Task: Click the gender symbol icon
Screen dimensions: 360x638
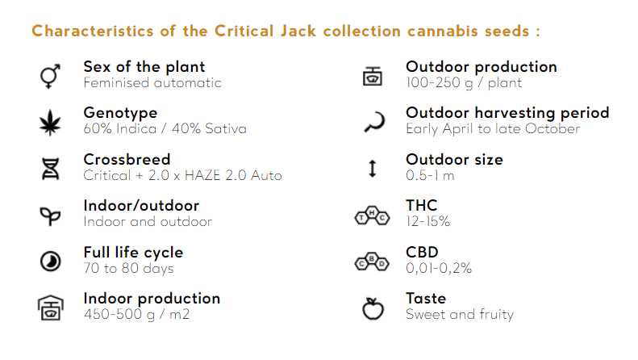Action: pos(49,76)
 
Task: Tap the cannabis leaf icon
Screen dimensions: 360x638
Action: pos(49,123)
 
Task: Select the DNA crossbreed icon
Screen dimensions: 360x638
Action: pos(49,169)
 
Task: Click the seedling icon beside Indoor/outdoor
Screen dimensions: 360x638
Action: pos(49,215)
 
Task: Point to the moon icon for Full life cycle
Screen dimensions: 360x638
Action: pos(49,261)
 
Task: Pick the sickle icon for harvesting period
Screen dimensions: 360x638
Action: pos(372,122)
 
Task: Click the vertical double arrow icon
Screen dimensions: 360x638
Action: pos(372,169)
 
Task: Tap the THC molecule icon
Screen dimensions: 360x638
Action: pos(372,216)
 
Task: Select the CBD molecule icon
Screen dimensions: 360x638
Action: pos(372,262)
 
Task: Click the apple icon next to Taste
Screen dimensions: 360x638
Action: pos(372,308)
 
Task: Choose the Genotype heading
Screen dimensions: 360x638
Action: pos(120,113)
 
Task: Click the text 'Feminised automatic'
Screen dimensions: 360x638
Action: pos(152,82)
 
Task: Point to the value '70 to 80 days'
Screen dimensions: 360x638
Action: pos(128,268)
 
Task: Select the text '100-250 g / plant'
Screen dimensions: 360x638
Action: pos(464,82)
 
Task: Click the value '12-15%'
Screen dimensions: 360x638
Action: pos(427,221)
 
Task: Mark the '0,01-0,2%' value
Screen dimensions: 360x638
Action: pos(438,268)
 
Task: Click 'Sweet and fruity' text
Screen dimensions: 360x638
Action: pos(459,314)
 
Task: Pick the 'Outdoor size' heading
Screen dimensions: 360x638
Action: pos(454,159)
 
